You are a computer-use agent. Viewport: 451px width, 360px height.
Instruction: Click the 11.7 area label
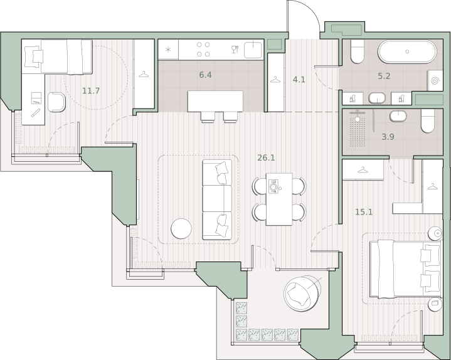tap(91, 91)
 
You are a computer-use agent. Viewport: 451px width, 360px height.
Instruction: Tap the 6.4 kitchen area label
tap(205, 75)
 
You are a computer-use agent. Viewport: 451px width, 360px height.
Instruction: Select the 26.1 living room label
tap(266, 157)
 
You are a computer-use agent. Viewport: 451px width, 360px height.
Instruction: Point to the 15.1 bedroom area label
tap(364, 212)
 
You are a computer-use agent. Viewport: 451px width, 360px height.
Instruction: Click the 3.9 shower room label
tap(388, 137)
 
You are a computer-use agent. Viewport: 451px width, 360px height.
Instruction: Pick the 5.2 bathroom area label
tap(384, 76)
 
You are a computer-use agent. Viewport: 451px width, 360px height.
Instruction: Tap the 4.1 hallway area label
tap(299, 80)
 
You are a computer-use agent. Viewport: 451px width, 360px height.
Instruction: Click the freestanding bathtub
tap(407, 52)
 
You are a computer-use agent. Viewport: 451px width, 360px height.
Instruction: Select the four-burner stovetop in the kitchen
tap(203, 49)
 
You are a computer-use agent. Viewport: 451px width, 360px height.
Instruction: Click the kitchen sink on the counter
tap(253, 50)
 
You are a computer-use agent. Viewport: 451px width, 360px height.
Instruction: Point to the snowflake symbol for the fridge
tap(168, 50)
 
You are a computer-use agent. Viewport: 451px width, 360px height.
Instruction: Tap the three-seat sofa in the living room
tap(217, 200)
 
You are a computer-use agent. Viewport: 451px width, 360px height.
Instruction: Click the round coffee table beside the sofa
tap(181, 228)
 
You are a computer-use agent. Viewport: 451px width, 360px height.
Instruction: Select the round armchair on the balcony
tap(301, 294)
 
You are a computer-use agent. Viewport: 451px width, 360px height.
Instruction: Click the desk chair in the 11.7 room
tap(56, 102)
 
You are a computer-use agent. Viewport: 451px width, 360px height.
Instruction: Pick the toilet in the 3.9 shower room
tap(428, 121)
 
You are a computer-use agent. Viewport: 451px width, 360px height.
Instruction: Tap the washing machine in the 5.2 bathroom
tap(435, 80)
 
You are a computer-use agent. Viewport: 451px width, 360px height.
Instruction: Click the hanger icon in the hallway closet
tap(275, 79)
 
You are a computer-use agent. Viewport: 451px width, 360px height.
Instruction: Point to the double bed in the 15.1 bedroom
tap(405, 270)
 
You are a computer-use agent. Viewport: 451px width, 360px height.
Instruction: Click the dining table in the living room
tap(279, 199)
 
